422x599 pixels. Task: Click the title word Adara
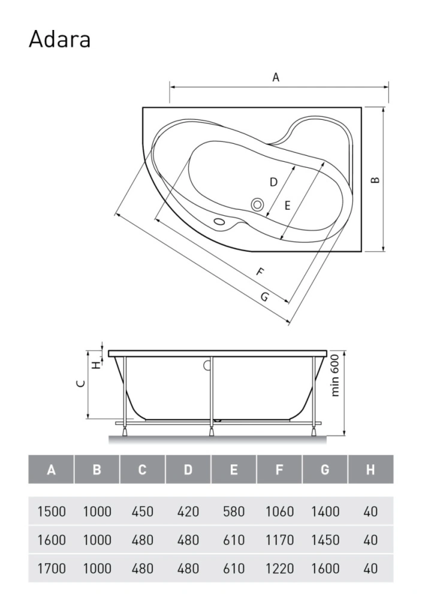pos(59,39)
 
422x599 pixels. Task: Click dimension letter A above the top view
pos(276,77)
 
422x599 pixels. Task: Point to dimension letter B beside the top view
pos(375,180)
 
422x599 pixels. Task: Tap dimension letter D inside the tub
pos(273,182)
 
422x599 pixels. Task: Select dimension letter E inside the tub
pos(288,205)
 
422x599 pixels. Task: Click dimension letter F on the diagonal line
pos(260,273)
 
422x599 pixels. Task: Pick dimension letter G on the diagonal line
pos(264,297)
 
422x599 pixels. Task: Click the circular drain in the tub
pos(257,204)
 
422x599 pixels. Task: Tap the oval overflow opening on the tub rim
pos(219,222)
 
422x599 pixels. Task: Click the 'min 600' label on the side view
pos(335,375)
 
